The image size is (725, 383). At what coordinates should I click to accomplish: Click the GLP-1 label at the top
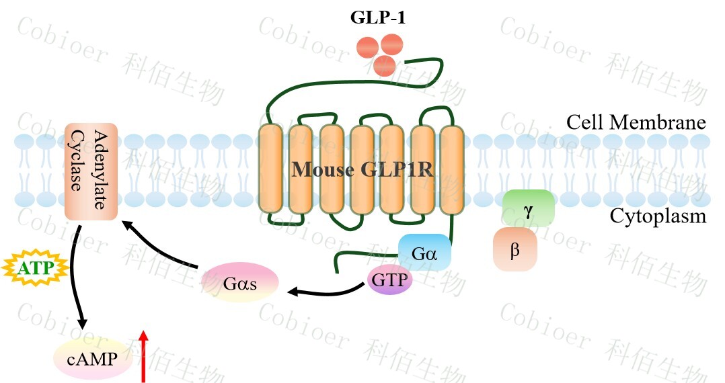tap(377, 17)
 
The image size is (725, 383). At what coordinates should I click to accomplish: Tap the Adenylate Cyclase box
tap(91, 171)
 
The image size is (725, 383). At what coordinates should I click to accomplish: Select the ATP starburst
tap(36, 269)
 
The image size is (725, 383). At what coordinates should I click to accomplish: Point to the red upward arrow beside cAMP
tap(143, 356)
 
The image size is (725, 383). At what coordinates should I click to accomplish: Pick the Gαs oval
tap(240, 282)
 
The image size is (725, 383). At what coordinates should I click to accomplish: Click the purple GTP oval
tap(389, 280)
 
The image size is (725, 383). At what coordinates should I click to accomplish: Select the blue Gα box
tap(424, 253)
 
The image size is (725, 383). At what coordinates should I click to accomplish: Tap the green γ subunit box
tap(529, 208)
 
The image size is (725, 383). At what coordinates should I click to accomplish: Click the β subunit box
tap(515, 249)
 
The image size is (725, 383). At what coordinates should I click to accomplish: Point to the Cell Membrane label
tap(636, 123)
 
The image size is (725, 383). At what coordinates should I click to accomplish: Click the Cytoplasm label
tap(658, 216)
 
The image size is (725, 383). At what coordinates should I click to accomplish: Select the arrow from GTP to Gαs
tap(326, 292)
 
